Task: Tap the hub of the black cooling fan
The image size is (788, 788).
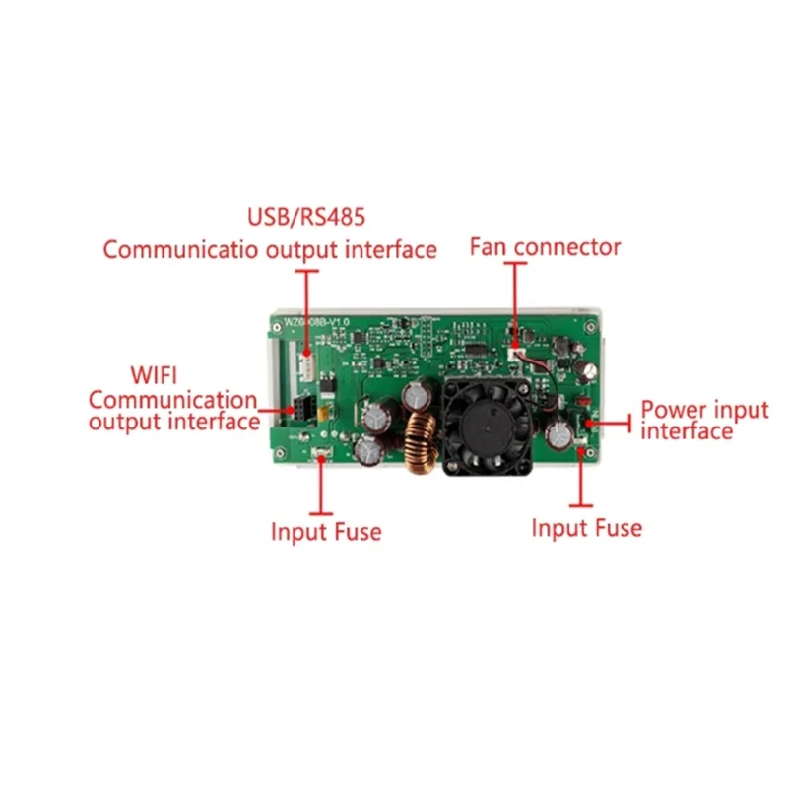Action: (x=484, y=426)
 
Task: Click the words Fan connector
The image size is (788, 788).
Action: (x=545, y=246)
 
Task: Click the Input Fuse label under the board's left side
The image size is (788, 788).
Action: (x=326, y=532)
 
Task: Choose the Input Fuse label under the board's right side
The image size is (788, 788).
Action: (x=586, y=528)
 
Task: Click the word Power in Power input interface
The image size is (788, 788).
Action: (x=675, y=410)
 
